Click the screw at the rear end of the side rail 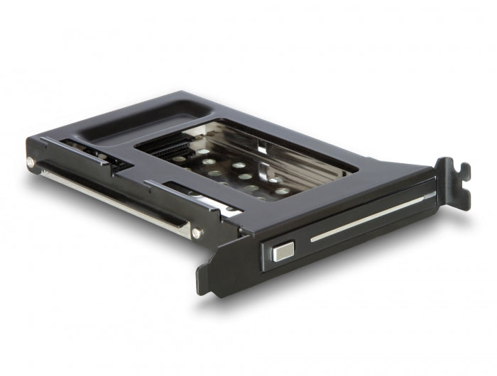(31, 162)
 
